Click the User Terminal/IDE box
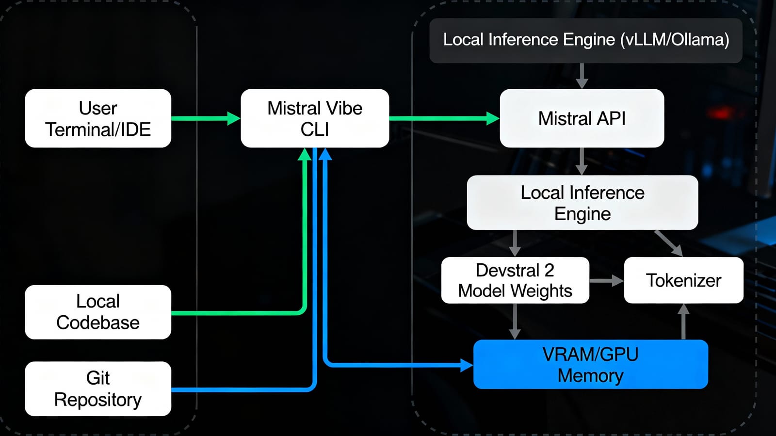point(98,118)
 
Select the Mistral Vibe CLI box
point(315,118)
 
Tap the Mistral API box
point(582,118)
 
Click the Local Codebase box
point(98,312)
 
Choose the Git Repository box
point(98,388)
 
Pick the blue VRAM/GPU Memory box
point(590,364)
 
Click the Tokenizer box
point(683,280)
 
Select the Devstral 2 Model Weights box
point(515,280)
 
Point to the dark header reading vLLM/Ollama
point(586,40)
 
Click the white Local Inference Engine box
point(582,203)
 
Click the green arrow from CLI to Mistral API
point(444,118)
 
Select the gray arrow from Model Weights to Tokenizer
point(606,280)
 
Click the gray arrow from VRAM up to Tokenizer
point(683,322)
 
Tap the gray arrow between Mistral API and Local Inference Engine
point(582,161)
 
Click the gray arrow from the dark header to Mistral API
point(582,76)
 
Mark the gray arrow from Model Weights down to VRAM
point(515,321)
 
